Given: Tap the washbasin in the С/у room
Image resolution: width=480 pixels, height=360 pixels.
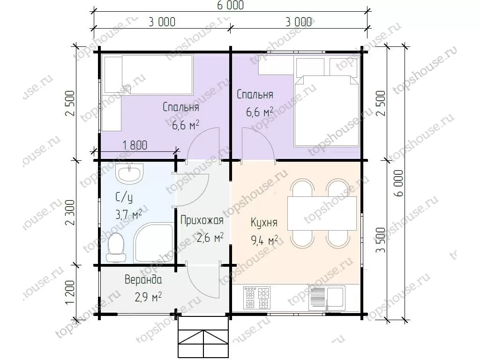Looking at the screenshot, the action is (x=129, y=173).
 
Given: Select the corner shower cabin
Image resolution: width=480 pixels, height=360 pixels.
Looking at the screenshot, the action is (x=154, y=242).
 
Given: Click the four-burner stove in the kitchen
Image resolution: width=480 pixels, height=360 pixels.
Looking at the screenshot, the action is (x=257, y=298).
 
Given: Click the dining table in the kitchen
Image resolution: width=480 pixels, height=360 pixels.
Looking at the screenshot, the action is (x=322, y=213).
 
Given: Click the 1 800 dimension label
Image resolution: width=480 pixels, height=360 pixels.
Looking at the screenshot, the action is (x=135, y=145).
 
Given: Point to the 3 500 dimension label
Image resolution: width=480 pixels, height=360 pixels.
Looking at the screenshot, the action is (x=381, y=240).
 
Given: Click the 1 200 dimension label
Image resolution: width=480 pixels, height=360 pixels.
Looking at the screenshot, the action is (x=70, y=292).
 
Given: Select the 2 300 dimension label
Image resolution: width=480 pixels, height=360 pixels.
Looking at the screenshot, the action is (x=70, y=212).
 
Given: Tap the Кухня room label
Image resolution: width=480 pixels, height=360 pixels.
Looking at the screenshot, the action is (x=264, y=222).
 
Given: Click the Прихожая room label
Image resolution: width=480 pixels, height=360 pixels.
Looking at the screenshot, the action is (x=202, y=220).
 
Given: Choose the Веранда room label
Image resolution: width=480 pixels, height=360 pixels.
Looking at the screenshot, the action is (x=143, y=279).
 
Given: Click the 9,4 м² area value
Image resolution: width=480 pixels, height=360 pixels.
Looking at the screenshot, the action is (x=264, y=240).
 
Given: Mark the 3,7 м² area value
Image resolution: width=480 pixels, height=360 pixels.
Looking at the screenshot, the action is (x=128, y=215).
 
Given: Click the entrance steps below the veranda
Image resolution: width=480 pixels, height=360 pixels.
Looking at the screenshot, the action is (x=203, y=337).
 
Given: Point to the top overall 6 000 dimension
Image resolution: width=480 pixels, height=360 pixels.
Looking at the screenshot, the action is (x=231, y=5).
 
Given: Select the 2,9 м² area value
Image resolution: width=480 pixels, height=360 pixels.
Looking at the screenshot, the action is (x=148, y=297).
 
